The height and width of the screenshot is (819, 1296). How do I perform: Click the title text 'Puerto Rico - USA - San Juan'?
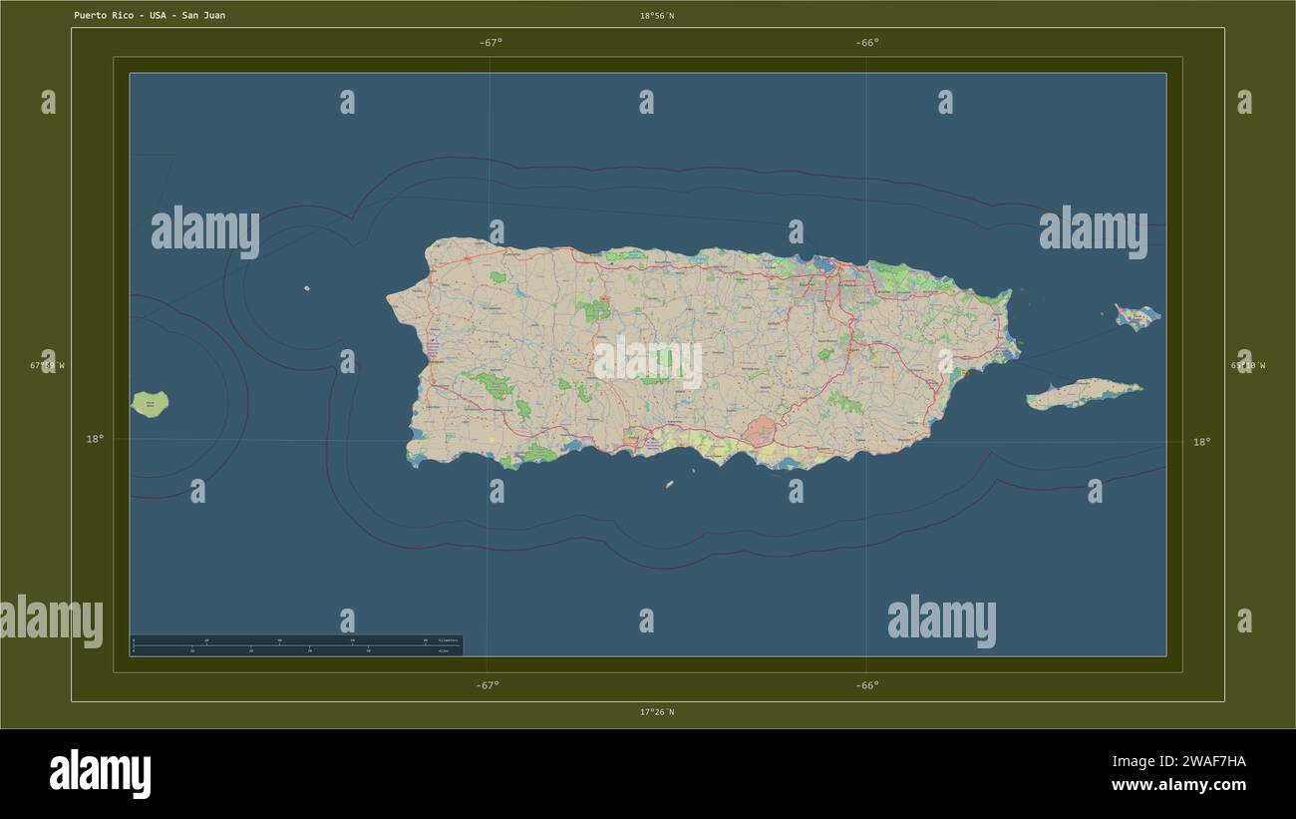(x=150, y=16)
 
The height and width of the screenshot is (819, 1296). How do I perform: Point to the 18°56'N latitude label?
(x=656, y=16)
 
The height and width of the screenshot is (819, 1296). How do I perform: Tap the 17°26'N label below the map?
(x=656, y=712)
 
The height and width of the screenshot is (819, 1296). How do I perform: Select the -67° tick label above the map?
(x=490, y=43)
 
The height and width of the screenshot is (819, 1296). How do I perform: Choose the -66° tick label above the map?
(x=867, y=43)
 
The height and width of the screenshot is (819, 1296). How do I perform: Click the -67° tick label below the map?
(x=487, y=685)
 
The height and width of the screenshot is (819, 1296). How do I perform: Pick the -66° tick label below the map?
(x=867, y=685)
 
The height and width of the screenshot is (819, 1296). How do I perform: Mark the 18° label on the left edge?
(x=95, y=439)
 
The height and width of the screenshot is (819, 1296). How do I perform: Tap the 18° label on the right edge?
(x=1201, y=442)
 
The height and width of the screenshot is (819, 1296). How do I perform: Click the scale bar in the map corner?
(x=296, y=645)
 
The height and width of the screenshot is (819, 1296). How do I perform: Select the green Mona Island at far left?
(x=150, y=404)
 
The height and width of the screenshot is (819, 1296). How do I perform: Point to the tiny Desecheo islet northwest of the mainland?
(x=307, y=289)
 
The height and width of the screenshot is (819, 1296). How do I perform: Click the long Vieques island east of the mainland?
(x=1084, y=394)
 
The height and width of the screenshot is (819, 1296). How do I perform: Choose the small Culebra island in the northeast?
(x=1136, y=317)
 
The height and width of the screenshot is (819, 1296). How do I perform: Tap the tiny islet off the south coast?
(x=669, y=485)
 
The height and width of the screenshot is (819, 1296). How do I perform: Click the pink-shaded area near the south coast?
(x=762, y=432)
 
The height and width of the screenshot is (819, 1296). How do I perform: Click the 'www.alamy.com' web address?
(x=1178, y=785)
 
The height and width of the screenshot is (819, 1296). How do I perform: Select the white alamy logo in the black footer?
(x=101, y=774)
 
